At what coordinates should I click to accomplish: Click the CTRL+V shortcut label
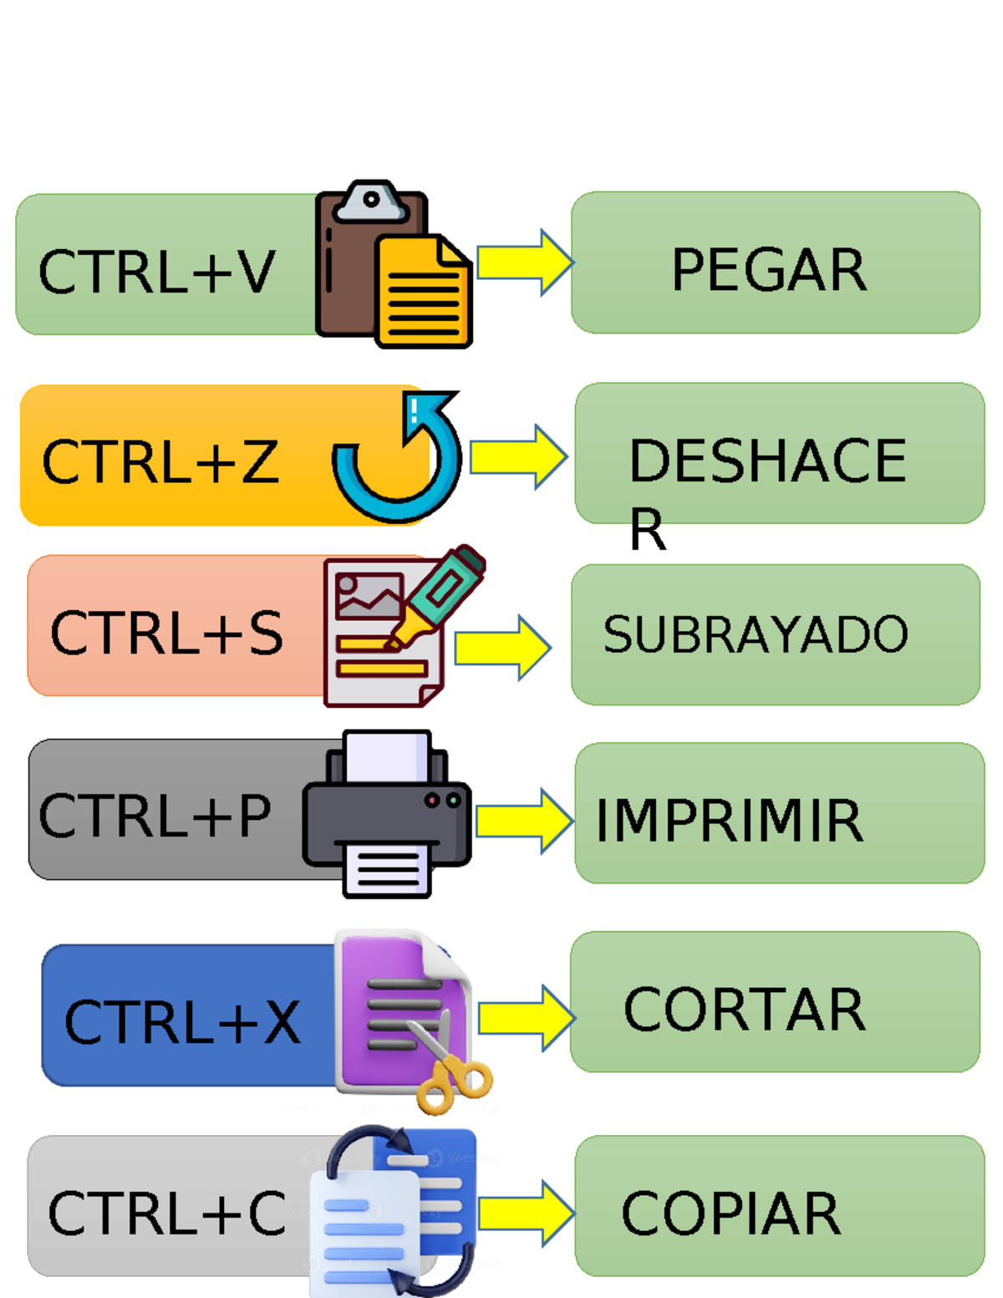coord(156,272)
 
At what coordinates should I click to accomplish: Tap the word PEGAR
coord(768,270)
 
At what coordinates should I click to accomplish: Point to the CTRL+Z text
coord(160,461)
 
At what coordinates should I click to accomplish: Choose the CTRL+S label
coord(166,633)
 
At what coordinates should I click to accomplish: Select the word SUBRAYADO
coord(755,634)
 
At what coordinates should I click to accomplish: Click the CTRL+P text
coord(155,816)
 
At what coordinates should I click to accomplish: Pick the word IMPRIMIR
coord(728,821)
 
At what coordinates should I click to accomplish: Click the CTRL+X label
coord(181,1021)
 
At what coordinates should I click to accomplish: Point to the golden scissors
coord(452,1071)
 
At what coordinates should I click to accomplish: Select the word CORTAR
coord(744,1010)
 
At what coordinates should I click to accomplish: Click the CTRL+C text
coord(166,1214)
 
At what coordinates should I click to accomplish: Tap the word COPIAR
coord(731,1214)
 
